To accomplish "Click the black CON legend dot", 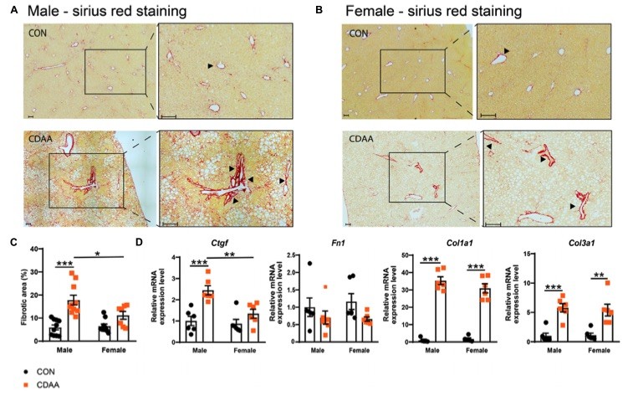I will pyautogui.click(x=28, y=368).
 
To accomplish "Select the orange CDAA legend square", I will pyautogui.click(x=28, y=383).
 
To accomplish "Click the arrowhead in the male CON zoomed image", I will pyautogui.click(x=211, y=65).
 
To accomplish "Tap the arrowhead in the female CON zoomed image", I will pyautogui.click(x=506, y=52).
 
